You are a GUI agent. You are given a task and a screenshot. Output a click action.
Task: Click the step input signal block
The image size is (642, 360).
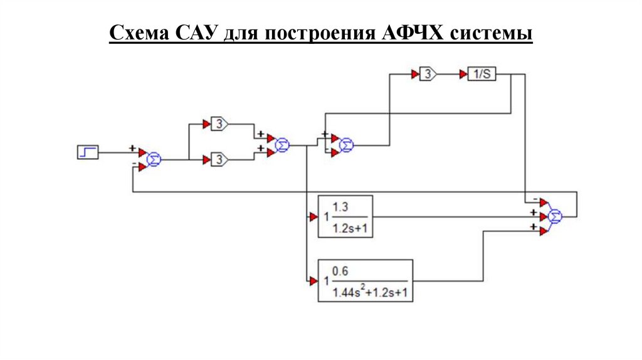[87, 152]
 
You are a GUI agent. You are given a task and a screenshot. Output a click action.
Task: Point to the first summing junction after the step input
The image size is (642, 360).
[154, 161]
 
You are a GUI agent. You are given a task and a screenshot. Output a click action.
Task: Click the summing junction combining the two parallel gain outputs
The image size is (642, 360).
[283, 146]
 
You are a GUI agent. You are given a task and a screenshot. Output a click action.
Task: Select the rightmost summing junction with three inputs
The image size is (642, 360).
[555, 216]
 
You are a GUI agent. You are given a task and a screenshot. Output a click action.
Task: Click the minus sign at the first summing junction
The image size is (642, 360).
[134, 164]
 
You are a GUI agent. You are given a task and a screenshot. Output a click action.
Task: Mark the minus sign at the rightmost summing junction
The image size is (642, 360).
[534, 201]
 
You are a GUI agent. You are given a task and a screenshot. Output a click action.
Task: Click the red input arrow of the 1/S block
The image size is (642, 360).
[463, 75]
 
